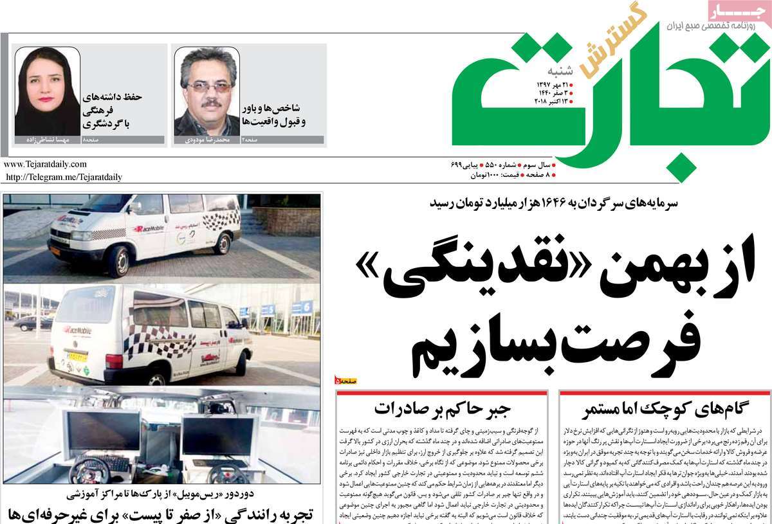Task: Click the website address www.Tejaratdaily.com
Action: click(45, 165)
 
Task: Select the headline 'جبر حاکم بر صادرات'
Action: click(443, 409)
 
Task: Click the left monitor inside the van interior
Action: click(104, 431)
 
